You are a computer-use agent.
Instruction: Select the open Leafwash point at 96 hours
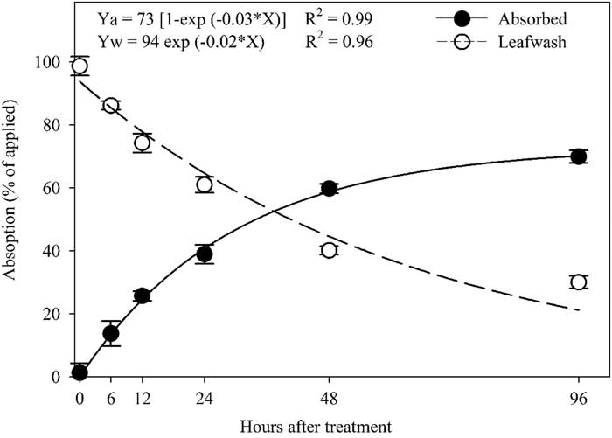tap(578, 282)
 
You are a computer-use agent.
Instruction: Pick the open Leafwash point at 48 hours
tap(329, 250)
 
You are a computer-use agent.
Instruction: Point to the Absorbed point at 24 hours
tap(205, 254)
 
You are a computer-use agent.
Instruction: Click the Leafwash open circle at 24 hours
tap(205, 184)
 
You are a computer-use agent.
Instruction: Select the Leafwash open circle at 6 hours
tap(111, 106)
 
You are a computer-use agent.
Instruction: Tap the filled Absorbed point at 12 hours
tap(143, 295)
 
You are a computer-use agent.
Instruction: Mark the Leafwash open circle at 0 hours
tap(80, 66)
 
